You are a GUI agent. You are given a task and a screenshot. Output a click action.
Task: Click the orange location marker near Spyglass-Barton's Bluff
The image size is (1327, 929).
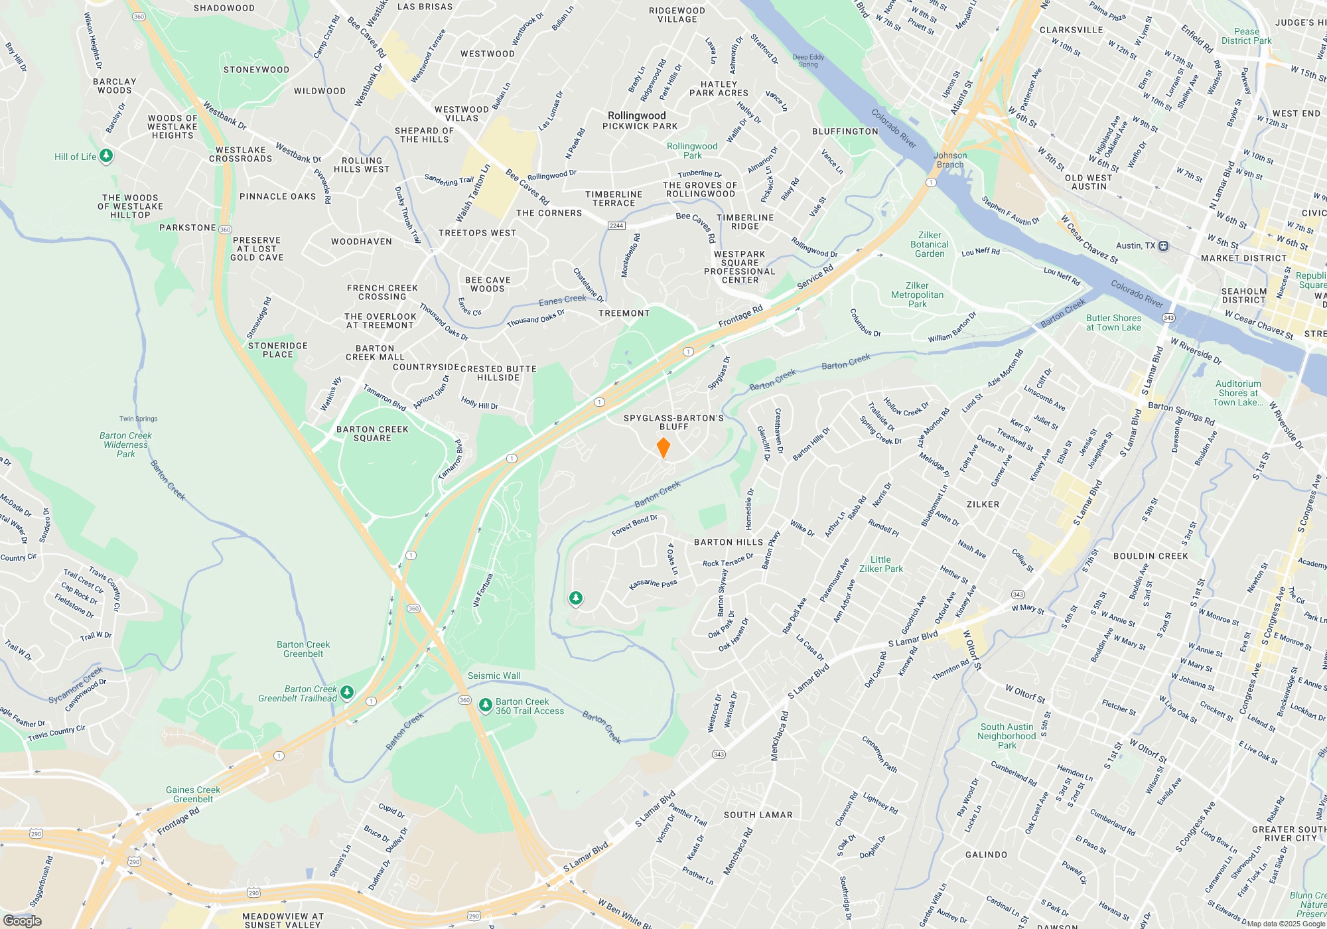coord(663,448)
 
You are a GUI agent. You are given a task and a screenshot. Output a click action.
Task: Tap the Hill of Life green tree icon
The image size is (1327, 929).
coord(106,157)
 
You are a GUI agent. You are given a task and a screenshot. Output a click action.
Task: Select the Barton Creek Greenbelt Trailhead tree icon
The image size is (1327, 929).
coord(347,693)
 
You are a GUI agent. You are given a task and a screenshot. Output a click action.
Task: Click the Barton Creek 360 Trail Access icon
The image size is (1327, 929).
coord(486,704)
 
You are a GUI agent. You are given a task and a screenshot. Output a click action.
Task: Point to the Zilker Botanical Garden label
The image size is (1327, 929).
coord(930,244)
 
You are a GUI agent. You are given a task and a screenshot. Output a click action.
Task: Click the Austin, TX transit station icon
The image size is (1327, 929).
coord(1163,246)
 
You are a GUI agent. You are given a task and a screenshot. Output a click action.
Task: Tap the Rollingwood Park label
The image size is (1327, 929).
coord(692,151)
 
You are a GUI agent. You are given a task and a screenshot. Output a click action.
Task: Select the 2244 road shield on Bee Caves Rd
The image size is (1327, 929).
coord(616,226)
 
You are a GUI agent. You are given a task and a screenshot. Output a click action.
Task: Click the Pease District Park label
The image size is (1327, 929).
coord(1246,36)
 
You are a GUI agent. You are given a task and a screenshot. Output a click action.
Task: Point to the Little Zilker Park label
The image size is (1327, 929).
coord(881,564)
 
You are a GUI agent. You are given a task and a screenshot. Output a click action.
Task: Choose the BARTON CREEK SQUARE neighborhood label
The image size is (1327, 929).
coord(372,433)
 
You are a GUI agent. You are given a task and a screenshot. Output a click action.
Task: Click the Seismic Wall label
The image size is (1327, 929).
coord(494,676)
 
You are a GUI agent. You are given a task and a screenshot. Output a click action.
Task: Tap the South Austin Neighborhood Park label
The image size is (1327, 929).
coord(1007,736)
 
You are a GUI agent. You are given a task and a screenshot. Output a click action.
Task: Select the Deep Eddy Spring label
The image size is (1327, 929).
coord(808,60)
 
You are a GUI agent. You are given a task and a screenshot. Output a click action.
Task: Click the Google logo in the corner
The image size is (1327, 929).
coord(22,920)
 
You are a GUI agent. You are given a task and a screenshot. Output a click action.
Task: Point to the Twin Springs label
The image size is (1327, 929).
coord(138,419)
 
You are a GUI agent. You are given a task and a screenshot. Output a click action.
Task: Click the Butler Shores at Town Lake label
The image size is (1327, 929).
coord(1113,322)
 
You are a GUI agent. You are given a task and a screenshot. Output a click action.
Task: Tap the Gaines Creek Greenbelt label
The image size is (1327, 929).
coord(193,794)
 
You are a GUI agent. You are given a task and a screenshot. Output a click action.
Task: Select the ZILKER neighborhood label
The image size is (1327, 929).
coord(983,504)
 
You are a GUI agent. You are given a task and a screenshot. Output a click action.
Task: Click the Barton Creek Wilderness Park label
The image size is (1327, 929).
coord(125,445)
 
